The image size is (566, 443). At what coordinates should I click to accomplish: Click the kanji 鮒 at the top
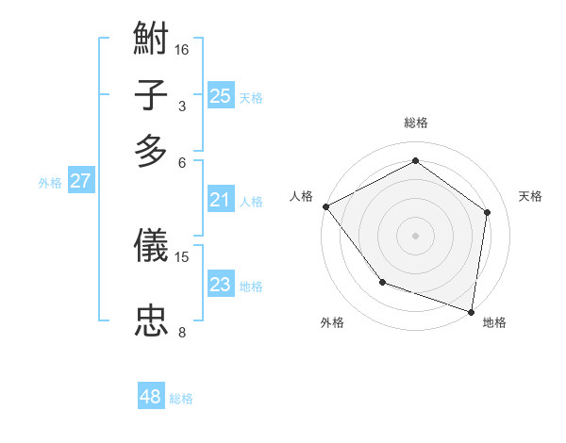coord(152,41)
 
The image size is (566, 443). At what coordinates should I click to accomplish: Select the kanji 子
coord(152,95)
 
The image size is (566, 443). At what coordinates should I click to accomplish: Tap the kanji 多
coord(152,150)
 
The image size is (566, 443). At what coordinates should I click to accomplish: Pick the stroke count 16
coord(182,49)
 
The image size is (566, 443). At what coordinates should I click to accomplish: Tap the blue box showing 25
coord(220,95)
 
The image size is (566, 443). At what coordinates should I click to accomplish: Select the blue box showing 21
coord(220,199)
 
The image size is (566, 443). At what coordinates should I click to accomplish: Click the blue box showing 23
coord(220,285)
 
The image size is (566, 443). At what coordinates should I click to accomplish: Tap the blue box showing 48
coord(150,397)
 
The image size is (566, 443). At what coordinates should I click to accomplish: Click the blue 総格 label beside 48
coord(181,399)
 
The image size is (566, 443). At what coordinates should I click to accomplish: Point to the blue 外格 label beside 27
coord(50,184)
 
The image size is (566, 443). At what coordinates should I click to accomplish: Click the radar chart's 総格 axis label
coord(415,123)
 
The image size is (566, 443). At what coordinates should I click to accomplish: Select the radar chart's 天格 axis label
coord(531,196)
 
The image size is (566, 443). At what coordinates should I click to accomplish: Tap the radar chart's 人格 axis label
coord(302,196)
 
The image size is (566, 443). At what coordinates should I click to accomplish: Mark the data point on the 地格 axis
coord(472,311)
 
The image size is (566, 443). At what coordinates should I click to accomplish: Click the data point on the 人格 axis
coord(325,205)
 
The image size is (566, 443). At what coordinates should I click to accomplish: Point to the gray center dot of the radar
coord(415,235)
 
